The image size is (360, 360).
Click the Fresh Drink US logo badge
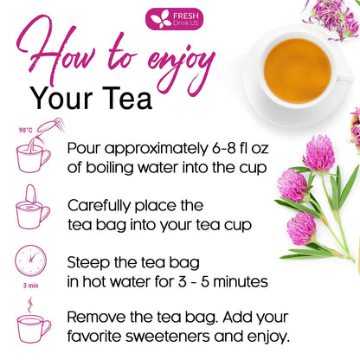[x=174, y=19]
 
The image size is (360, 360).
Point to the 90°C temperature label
[x=26, y=130]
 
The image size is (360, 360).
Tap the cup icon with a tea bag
[x=33, y=207]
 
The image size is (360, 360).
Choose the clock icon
[x=30, y=260]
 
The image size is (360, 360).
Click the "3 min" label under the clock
[x=30, y=286]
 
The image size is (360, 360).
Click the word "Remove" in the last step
[x=97, y=317]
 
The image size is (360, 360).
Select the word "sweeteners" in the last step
[x=167, y=337]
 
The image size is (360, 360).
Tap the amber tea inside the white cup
[x=298, y=71]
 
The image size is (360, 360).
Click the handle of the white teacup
[x=344, y=79]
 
